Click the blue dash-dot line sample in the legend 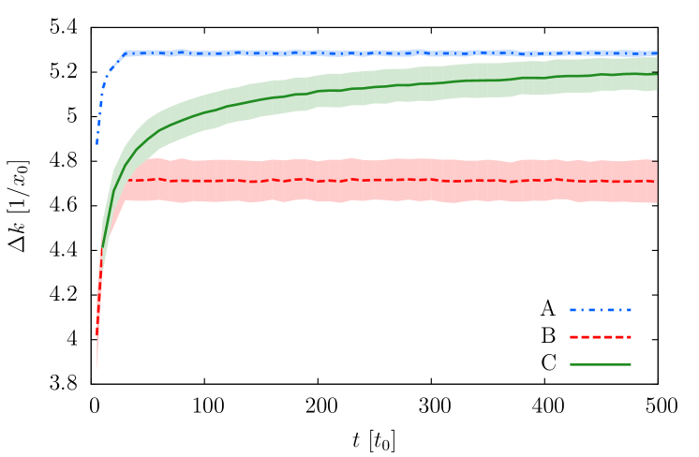(600, 309)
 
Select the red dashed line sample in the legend (600, 336)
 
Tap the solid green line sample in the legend (600, 364)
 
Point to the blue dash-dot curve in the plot (375, 52)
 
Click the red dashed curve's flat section (375, 180)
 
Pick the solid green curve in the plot (375, 88)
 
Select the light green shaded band (375, 97)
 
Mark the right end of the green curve (656, 73)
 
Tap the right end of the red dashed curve (655, 182)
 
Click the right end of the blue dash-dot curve (656, 52)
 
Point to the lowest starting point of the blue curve (97, 143)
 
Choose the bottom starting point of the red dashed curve (97, 334)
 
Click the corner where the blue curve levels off (125, 53)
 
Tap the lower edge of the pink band (375, 200)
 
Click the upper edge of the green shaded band (375, 70)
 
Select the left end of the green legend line (571, 364)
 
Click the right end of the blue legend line (631, 309)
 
